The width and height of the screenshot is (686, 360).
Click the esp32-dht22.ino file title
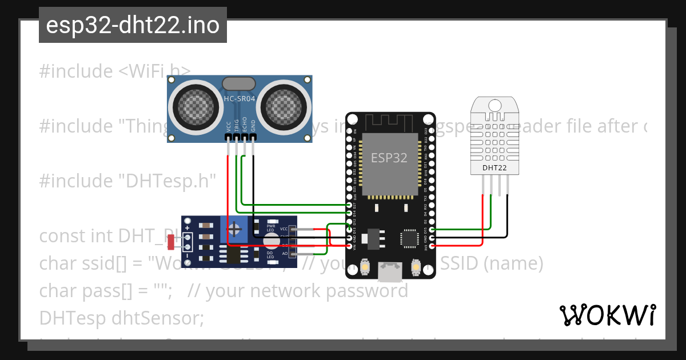tap(133, 25)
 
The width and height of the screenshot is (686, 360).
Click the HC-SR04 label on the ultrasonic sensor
tap(240, 99)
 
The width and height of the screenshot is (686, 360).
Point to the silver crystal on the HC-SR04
tap(239, 83)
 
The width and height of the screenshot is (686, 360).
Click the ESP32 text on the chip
tap(389, 158)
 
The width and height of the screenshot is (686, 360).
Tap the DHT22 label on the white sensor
tap(495, 168)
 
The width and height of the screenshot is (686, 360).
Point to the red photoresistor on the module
tap(171, 243)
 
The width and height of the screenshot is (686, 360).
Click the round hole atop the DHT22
tap(495, 105)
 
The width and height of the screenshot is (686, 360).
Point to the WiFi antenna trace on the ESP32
tap(389, 122)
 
